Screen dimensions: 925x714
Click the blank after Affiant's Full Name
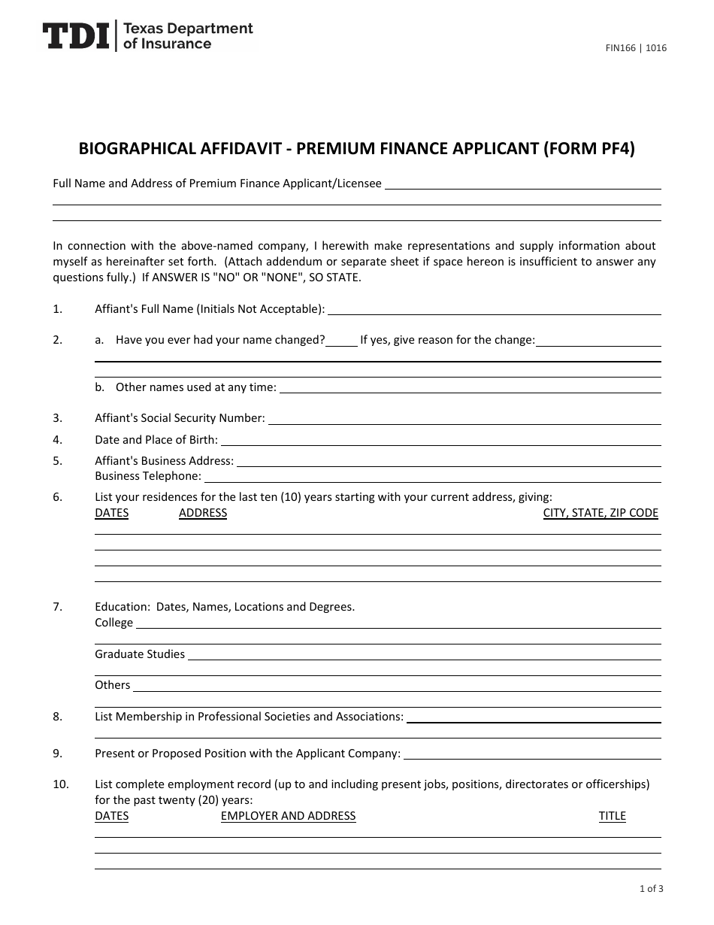[495, 310]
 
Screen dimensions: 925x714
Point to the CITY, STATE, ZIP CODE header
[601, 513]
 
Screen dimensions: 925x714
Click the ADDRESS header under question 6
[203, 513]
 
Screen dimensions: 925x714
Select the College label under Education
[113, 623]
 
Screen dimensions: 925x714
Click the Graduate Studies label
[140, 654]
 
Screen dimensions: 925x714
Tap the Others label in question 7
[113, 685]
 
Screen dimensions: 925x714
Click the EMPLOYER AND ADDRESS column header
[288, 816]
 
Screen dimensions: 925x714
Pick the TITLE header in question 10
[612, 816]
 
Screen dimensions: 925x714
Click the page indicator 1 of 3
[651, 889]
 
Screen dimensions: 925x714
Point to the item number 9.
[58, 754]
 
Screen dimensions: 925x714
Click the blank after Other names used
[470, 389]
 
